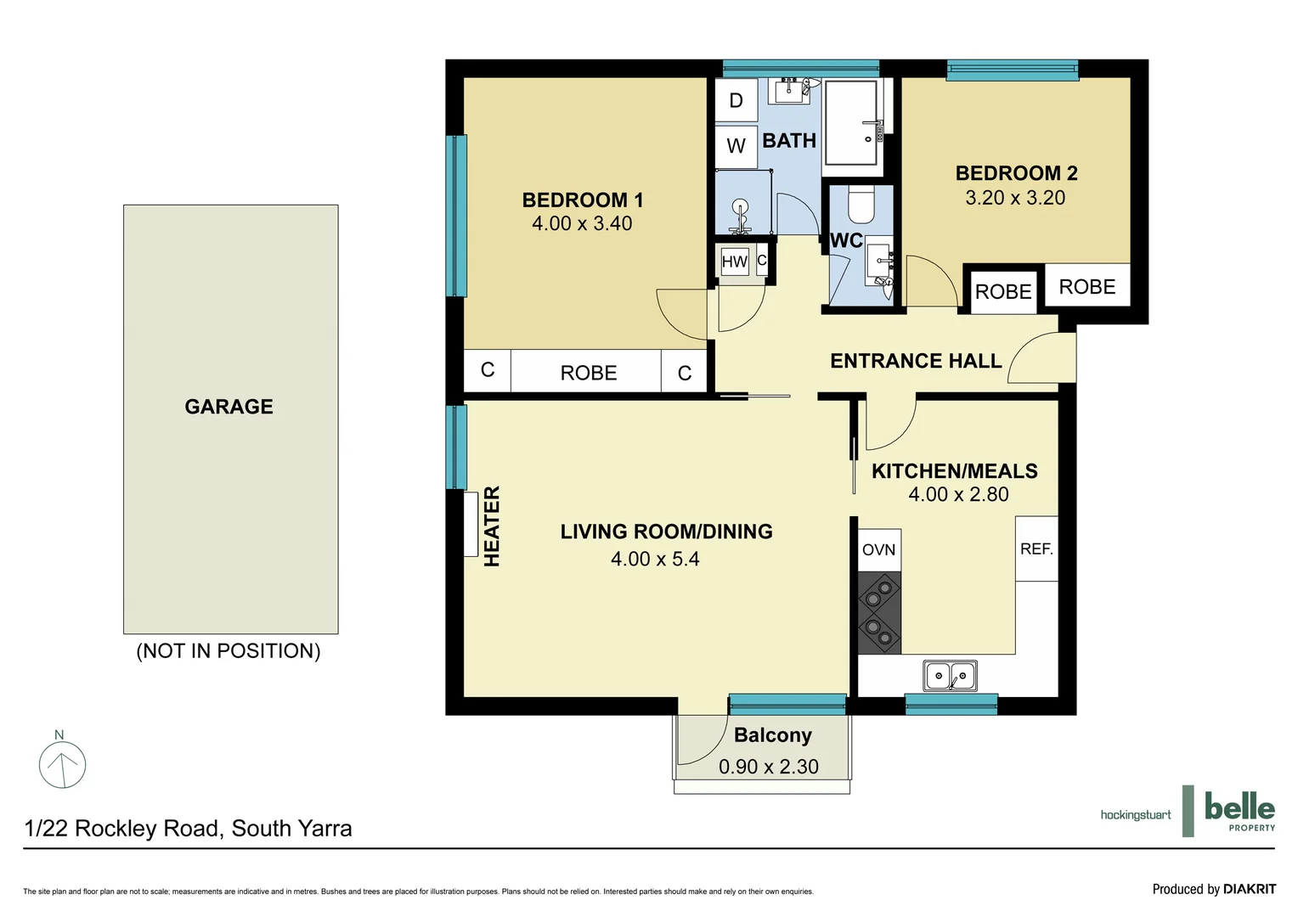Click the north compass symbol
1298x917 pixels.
pyautogui.click(x=62, y=763)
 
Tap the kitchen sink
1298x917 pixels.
pyautogui.click(x=950, y=676)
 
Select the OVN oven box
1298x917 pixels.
pyautogui.click(x=878, y=550)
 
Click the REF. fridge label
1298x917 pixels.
pyautogui.click(x=1036, y=549)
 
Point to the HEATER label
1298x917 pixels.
pyautogui.click(x=492, y=526)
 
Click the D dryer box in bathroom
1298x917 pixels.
pyautogui.click(x=736, y=100)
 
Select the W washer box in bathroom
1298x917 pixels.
pyautogui.click(x=736, y=146)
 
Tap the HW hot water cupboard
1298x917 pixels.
pyautogui.click(x=734, y=262)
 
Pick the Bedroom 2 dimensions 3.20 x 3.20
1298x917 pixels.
pyautogui.click(x=1015, y=198)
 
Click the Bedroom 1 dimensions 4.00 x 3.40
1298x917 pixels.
pyautogui.click(x=582, y=223)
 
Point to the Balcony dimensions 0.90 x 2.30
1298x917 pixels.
pyautogui.click(x=768, y=767)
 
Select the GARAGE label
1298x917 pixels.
pyautogui.click(x=229, y=407)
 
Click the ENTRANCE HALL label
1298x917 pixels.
pyautogui.click(x=916, y=361)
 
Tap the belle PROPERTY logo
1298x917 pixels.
pyautogui.click(x=1239, y=811)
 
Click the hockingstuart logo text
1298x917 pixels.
pyautogui.click(x=1135, y=815)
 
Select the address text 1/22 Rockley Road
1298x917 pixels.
pyautogui.click(x=188, y=829)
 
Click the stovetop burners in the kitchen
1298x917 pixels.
pyautogui.click(x=878, y=612)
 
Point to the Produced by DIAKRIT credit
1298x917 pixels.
pyautogui.click(x=1213, y=889)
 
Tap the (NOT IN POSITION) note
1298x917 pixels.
pyautogui.click(x=229, y=651)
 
